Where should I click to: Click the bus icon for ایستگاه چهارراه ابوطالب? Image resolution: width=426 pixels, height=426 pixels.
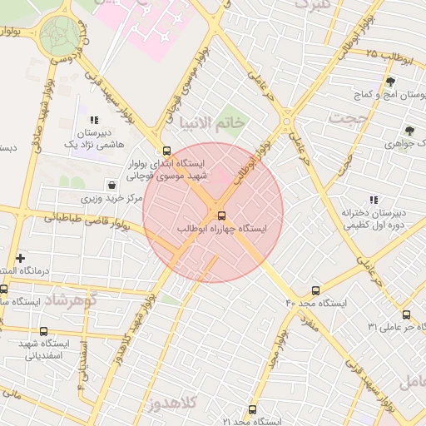click(220, 215)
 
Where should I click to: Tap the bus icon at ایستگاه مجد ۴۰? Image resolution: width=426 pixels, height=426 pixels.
click(315, 290)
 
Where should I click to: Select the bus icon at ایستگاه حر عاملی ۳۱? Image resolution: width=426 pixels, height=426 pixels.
click(405, 315)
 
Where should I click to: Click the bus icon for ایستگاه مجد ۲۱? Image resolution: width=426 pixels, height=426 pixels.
click(252, 409)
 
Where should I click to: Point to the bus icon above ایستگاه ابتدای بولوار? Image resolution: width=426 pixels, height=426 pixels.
click(167, 151)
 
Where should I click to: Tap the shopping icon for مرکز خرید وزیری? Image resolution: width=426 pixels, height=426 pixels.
click(111, 186)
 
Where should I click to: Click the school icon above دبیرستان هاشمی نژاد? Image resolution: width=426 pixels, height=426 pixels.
click(95, 120)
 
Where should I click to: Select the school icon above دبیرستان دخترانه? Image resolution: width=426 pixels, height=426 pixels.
click(374, 200)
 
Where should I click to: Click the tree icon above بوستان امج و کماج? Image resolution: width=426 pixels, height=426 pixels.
click(390, 82)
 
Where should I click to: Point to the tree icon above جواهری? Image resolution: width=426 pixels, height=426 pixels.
click(409, 131)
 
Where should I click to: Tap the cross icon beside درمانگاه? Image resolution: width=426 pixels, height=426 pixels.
click(21, 259)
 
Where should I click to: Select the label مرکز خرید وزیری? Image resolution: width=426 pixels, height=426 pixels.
click(102, 200)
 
